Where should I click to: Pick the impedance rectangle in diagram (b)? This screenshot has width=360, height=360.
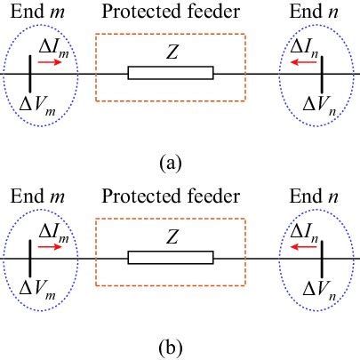171,258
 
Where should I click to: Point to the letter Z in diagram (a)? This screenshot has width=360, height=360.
172,52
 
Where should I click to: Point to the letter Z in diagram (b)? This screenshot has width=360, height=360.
172,237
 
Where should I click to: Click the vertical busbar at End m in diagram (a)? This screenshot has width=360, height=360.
30,72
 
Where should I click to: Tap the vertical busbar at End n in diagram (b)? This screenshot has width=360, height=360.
323,257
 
